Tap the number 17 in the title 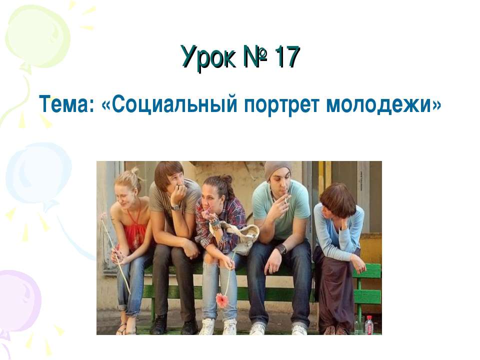tap(286, 56)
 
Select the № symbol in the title tap(254, 56)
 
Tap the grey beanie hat tap(277, 169)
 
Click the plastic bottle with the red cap tap(369, 324)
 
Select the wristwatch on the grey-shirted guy tap(175, 207)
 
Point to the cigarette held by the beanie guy tap(286, 199)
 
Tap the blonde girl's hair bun tap(135, 172)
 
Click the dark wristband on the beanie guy tap(281, 248)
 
